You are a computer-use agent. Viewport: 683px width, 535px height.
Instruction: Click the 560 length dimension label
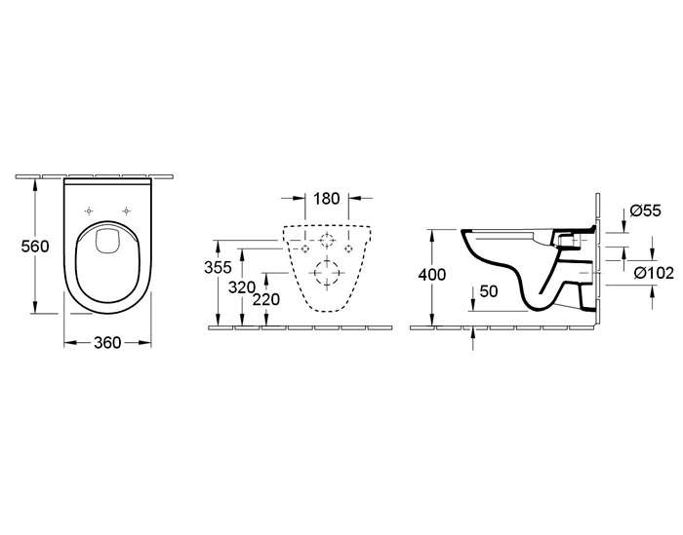tap(35, 247)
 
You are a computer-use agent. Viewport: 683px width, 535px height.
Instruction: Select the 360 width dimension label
tap(107, 343)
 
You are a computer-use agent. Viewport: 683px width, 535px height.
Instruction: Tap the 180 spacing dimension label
tap(327, 199)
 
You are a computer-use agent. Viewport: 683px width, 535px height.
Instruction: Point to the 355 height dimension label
tap(218, 267)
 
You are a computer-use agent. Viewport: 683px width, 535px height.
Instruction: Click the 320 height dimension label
tap(242, 287)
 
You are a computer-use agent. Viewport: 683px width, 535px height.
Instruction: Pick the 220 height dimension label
tap(266, 299)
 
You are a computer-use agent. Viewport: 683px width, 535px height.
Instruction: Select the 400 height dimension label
tap(431, 275)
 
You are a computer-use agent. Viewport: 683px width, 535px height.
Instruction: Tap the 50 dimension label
tap(488, 291)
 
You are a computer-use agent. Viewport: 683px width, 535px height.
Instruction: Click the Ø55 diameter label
tap(646, 210)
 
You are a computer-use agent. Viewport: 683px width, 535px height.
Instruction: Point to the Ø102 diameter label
tap(655, 273)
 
